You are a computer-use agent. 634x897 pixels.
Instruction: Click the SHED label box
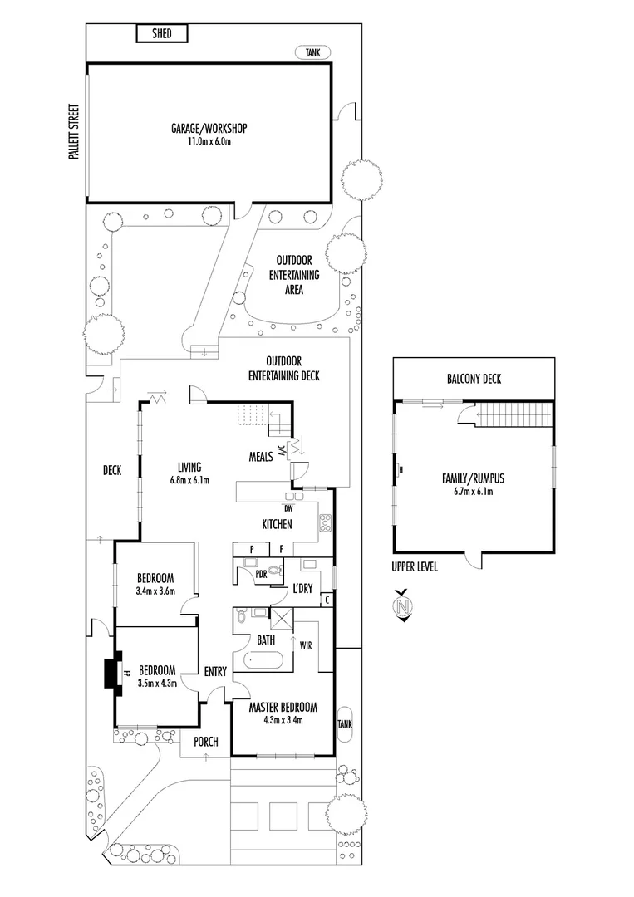pos(163,33)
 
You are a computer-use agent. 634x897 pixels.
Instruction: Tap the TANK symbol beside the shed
pos(312,52)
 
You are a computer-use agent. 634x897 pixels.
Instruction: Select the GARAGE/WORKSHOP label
pos(209,129)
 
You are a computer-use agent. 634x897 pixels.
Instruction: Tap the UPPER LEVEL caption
pos(415,567)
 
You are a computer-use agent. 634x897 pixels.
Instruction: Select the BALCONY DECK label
pos(474,380)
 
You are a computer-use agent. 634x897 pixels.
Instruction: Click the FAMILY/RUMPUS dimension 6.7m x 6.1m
pos(473,492)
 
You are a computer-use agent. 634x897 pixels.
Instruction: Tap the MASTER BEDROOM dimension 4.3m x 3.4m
pos(283,720)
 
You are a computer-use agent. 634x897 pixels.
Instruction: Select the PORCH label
pos(206,742)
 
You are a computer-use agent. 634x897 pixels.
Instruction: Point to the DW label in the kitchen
pos(288,508)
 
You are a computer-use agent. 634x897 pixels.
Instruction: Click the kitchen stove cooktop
pos(326,524)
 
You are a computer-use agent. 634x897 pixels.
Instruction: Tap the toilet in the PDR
pos(277,570)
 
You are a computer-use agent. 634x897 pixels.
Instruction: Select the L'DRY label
pos(302,589)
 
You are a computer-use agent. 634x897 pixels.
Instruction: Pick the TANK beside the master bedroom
pos(345,723)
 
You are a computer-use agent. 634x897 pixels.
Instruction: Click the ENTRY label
pos(215,672)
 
